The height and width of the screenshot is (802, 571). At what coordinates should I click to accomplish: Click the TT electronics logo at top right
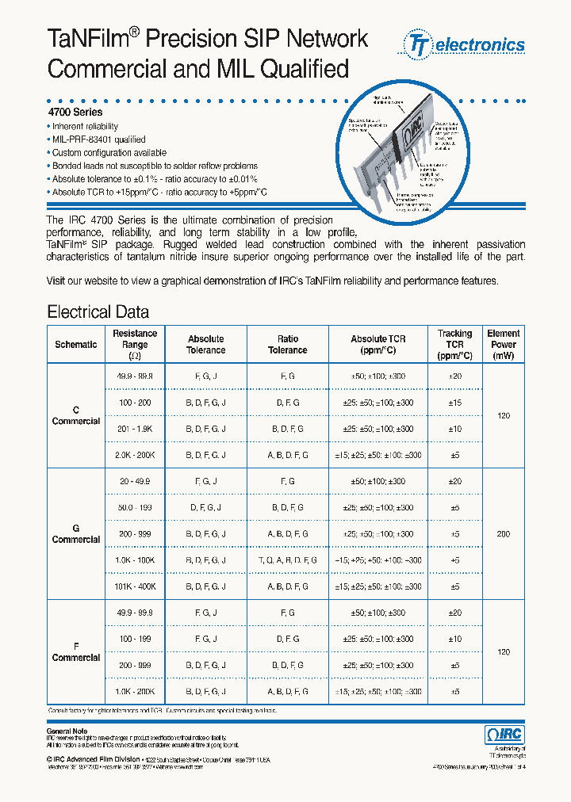pos(466,45)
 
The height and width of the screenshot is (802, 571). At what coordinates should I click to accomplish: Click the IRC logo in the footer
pos(504,735)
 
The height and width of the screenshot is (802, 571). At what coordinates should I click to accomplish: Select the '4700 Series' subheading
pos(75,113)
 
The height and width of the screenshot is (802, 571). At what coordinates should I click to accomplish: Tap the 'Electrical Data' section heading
pos(98,311)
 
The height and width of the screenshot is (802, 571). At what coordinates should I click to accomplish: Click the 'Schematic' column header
pos(76,345)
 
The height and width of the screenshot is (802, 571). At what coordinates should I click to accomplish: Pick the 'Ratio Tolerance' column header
pos(287,345)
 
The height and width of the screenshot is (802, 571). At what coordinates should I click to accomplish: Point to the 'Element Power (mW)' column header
pos(504,345)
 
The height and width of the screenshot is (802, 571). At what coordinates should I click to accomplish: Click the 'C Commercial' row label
pos(76,416)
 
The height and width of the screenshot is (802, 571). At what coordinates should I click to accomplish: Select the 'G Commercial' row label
pos(76,534)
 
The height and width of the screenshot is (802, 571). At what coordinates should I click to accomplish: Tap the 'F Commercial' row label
pos(76,652)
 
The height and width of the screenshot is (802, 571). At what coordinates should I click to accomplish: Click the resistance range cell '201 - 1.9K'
pos(135,429)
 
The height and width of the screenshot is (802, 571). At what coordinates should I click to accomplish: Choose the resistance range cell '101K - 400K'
pos(135,586)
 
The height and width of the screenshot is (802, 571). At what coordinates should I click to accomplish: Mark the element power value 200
pos(504,534)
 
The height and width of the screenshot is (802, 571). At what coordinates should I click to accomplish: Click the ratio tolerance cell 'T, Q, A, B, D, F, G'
pos(287,560)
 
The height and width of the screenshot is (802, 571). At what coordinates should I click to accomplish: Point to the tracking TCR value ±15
pos(455,403)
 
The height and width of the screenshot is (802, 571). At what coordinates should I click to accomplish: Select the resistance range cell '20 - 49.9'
pos(135,482)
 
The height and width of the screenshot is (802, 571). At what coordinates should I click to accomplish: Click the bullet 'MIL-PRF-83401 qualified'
pos(98,139)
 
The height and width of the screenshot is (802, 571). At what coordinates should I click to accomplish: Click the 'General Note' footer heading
pos(67,731)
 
